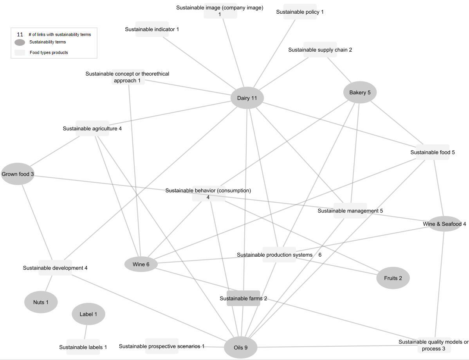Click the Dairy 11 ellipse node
(247, 98)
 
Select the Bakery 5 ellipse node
(360, 92)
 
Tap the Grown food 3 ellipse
(18, 174)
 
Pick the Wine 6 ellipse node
(141, 264)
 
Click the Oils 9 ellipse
(240, 347)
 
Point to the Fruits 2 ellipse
(393, 278)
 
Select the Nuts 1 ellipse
(41, 302)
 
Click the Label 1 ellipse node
(88, 314)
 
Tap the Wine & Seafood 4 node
(444, 224)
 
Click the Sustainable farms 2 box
(243, 298)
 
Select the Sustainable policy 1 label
(300, 12)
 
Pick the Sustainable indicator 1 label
(152, 29)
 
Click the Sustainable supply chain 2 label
(320, 50)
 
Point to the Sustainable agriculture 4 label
(92, 128)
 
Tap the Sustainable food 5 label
(432, 152)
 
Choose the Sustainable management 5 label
(350, 211)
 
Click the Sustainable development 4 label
(55, 268)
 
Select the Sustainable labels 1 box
(83, 347)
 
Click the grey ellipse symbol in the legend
(20, 42)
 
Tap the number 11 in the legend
(20, 34)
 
